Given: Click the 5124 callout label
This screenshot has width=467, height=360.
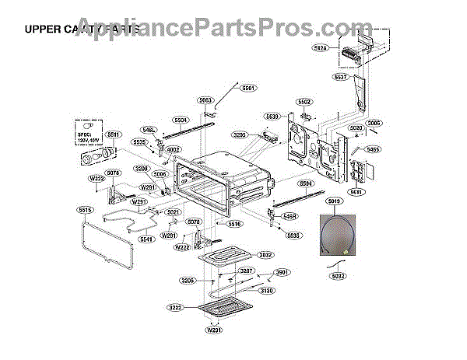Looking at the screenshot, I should click(x=342, y=49).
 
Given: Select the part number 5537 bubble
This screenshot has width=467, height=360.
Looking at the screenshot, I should click(x=339, y=78).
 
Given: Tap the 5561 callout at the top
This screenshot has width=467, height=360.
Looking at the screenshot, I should click(x=248, y=89).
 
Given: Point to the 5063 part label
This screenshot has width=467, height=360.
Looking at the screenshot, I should click(x=205, y=100).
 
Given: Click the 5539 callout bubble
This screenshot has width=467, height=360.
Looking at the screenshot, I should click(x=272, y=117).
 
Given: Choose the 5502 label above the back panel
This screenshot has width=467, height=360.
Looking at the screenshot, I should click(x=304, y=102).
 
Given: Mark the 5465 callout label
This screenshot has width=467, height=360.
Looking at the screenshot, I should click(x=373, y=149).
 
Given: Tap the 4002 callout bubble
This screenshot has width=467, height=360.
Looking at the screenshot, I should click(x=173, y=150).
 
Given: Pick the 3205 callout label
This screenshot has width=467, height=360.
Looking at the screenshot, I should click(x=240, y=135).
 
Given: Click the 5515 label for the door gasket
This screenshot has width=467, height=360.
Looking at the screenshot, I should click(x=84, y=210).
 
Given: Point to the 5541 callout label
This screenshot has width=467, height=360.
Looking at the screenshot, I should click(x=146, y=239).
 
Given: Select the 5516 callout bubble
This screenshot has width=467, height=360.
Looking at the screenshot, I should click(x=234, y=223).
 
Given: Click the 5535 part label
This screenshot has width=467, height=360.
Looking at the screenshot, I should click(x=293, y=234).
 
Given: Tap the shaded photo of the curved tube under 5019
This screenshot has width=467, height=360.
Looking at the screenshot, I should click(x=334, y=236).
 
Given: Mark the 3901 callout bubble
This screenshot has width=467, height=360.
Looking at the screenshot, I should click(x=283, y=273).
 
